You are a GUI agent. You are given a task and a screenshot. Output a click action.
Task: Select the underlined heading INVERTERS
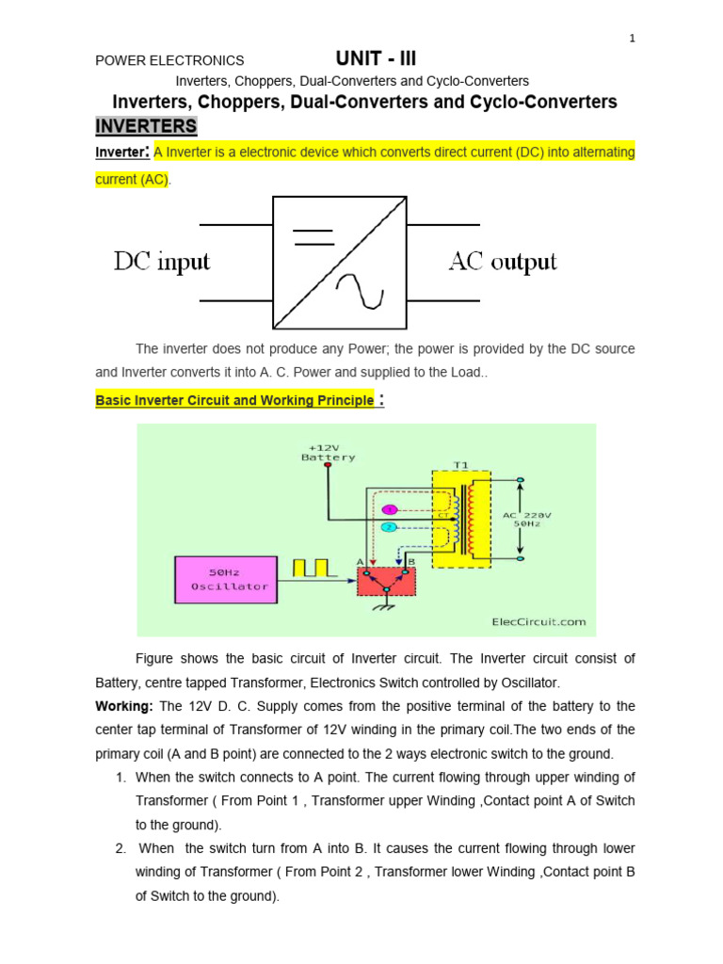146,126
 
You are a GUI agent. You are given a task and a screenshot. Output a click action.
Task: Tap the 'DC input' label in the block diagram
162,262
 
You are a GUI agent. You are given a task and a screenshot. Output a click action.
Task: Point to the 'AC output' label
503,262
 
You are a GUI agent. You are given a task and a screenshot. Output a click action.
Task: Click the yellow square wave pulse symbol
312,568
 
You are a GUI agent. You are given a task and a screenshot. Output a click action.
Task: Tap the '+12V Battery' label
328,453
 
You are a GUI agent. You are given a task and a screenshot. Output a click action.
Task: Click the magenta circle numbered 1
390,509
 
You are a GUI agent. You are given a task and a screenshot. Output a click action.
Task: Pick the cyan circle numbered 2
390,528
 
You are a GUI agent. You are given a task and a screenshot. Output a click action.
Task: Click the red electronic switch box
385,580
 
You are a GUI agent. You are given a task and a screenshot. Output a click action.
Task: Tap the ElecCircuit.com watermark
538,621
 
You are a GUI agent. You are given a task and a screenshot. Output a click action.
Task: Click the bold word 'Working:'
125,706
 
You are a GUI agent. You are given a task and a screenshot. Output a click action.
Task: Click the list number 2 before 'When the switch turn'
120,848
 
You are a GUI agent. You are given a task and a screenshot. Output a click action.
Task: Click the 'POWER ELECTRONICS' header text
169,60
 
